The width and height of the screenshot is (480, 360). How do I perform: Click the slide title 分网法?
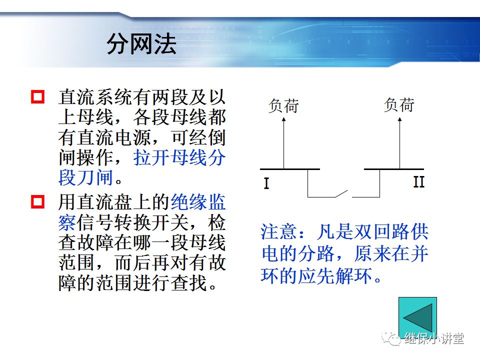[x=141, y=45]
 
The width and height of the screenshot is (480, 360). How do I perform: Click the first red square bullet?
[x=38, y=96]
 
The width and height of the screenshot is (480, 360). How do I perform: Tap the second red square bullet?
[x=38, y=202]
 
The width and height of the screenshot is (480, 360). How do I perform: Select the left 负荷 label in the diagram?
[x=283, y=106]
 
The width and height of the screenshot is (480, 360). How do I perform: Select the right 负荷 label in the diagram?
[x=399, y=105]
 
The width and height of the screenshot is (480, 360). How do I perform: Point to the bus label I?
[x=266, y=183]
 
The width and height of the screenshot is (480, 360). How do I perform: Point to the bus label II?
[x=418, y=182]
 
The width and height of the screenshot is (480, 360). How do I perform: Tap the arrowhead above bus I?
[x=283, y=120]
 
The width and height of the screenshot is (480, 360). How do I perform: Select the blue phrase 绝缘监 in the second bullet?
[x=198, y=202]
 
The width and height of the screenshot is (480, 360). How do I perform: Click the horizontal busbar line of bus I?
[x=289, y=169]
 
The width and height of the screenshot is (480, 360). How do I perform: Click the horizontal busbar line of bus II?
[x=393, y=169]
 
